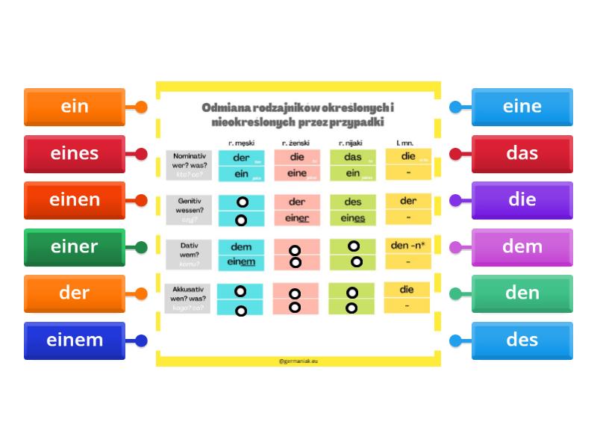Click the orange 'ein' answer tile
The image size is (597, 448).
[x=75, y=107]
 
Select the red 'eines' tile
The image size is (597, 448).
[x=75, y=154]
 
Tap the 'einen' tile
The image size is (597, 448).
[x=75, y=200]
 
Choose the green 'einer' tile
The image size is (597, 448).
[x=75, y=247]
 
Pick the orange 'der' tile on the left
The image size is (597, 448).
[x=75, y=293]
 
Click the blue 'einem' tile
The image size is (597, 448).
[x=75, y=340]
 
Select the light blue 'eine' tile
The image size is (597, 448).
[x=522, y=107]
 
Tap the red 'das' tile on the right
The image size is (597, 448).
[x=522, y=154]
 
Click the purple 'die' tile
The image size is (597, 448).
[x=522, y=200]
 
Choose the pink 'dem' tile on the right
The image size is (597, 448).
[x=522, y=247]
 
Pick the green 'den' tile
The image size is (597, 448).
[x=522, y=293]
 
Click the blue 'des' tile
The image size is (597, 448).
[x=522, y=340]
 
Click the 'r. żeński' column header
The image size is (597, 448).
[x=296, y=143]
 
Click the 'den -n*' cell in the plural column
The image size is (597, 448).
[x=407, y=245]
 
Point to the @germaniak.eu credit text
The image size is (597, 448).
[x=298, y=360]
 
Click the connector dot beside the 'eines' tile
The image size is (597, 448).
[x=140, y=154]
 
